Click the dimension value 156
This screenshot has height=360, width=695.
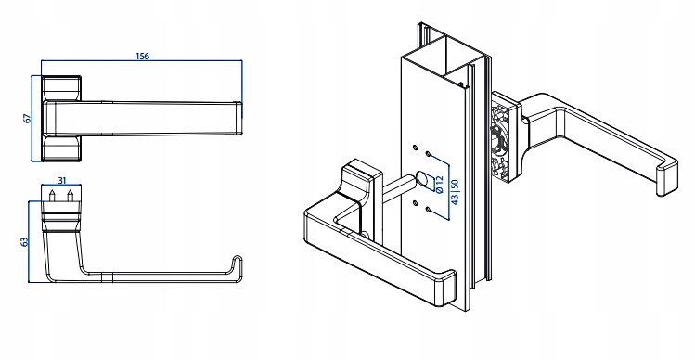(x=142, y=57)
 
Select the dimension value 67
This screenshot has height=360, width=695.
(x=27, y=119)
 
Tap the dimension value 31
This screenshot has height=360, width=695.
(x=62, y=180)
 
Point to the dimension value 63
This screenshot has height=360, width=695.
(x=25, y=241)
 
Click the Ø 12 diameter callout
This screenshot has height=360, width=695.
(x=439, y=184)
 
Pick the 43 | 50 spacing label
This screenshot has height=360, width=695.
(x=455, y=192)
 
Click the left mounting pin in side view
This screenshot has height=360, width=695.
(x=52, y=196)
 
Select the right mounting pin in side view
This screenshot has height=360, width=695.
(x=70, y=196)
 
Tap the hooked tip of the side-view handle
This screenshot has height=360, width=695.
(x=238, y=263)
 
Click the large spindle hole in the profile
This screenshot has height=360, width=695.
(x=422, y=179)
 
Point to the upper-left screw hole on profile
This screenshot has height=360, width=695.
(x=415, y=148)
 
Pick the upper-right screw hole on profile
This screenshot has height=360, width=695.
(x=428, y=154)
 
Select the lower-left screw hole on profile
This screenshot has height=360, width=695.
(x=415, y=202)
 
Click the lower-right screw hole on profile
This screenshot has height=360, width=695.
(x=428, y=210)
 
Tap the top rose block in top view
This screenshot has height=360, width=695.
(x=61, y=88)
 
